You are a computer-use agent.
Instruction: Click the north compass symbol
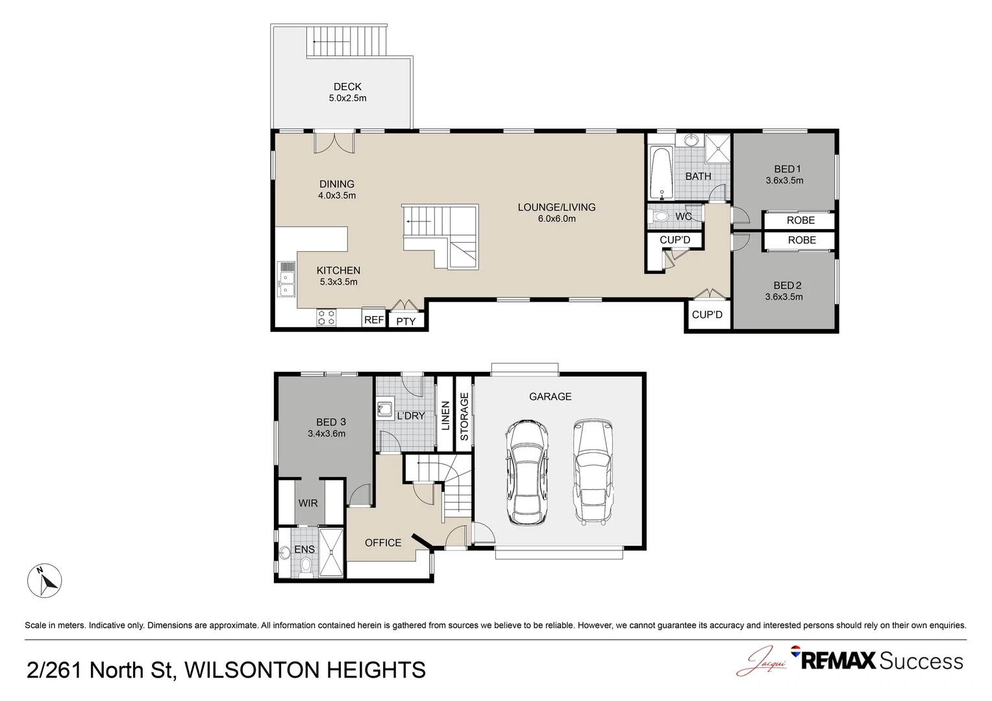click(44, 580)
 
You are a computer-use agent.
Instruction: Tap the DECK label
click(347, 87)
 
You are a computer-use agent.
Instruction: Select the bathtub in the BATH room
click(661, 174)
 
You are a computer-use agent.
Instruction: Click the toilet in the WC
click(658, 217)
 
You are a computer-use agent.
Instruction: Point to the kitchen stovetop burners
click(327, 317)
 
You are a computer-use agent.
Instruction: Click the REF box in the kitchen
click(374, 319)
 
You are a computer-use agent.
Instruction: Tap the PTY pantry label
click(406, 321)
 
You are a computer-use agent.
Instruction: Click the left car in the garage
click(527, 473)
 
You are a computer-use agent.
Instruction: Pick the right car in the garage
click(593, 473)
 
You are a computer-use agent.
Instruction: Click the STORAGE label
click(464, 416)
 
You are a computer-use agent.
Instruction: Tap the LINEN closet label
click(445, 416)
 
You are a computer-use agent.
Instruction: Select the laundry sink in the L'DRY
click(385, 409)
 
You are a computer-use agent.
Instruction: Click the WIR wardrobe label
click(308, 503)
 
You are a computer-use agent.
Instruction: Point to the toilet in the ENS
click(306, 567)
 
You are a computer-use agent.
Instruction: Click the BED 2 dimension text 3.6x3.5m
click(784, 297)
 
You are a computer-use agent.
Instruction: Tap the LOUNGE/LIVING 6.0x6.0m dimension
click(556, 218)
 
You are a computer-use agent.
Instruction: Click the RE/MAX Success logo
click(877, 661)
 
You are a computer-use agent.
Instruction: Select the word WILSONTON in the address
click(252, 670)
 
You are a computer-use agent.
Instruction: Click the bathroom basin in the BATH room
click(690, 140)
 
